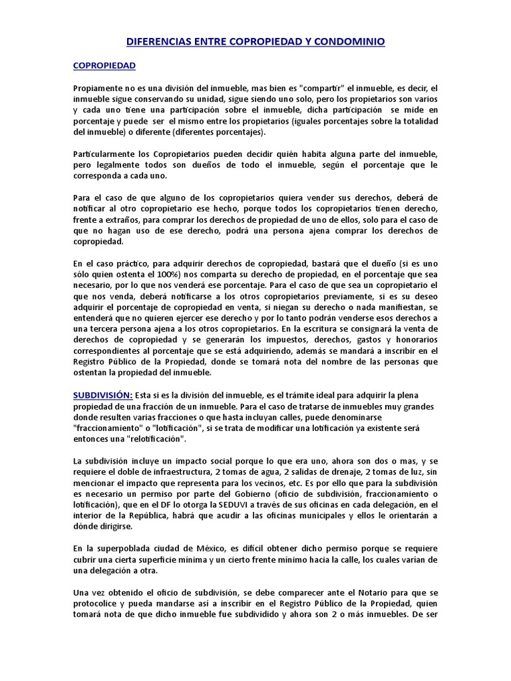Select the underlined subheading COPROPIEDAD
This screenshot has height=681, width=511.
coord(104,66)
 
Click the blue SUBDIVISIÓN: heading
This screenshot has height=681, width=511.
coord(102,395)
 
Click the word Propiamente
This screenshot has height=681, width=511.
coord(98,88)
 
